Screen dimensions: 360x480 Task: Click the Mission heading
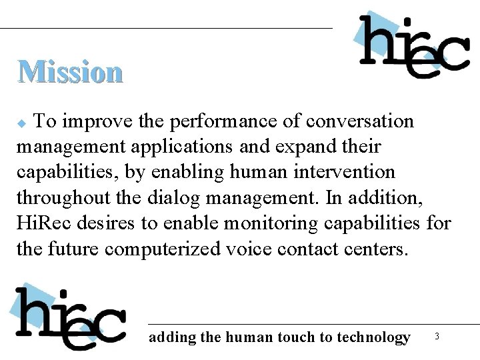(70, 71)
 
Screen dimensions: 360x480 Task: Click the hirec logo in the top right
(413, 45)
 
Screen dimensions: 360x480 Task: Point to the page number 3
(437, 337)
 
